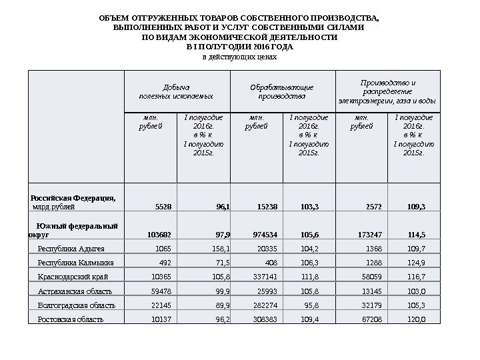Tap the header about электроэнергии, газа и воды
coord(387,91)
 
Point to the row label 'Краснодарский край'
coord(73,277)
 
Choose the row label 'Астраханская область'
coord(75,291)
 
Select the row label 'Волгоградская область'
coord(77,305)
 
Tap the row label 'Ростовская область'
coord(71,319)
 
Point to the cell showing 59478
coord(159,291)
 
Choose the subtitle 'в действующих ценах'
coord(239,57)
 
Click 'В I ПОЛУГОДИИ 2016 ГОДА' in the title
coord(239,47)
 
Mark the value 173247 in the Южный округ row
coord(369,235)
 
